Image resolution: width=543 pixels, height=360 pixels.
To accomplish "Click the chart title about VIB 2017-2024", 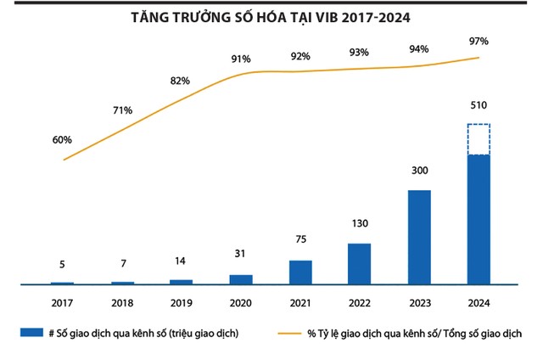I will point(272,18).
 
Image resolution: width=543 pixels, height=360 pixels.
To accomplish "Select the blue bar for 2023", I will point(420,237).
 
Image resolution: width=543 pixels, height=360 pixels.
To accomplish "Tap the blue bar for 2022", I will point(360,263).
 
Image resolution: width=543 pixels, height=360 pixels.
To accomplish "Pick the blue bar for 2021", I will point(300,272).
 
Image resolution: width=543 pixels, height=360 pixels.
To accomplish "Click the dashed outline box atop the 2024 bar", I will point(479,139).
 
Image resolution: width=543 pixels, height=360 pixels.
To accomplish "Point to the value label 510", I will point(479,108).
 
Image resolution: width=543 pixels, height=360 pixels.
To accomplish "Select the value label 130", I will point(360,226).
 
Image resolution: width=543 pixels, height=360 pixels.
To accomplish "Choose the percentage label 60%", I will point(62,139).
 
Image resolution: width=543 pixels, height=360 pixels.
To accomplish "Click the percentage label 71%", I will point(121,110).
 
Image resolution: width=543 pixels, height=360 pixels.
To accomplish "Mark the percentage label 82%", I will point(180,82).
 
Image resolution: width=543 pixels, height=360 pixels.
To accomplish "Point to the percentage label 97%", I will point(479,40).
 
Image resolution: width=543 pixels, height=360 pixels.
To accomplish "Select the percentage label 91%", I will point(240,59).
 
